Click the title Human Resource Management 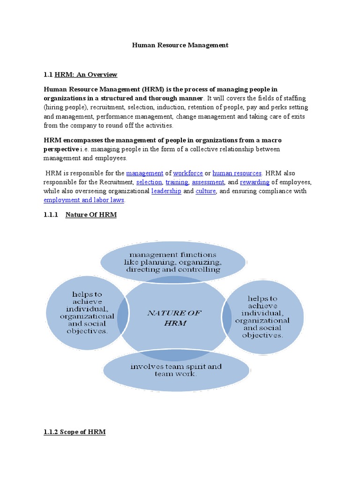coord(180,45)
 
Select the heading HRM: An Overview coord(86,75)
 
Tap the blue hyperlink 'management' coord(144,173)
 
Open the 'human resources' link coord(237,173)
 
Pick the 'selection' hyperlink coord(149,182)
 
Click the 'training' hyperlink coord(177,182)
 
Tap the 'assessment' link coord(208,182)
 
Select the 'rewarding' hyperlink coord(255,182)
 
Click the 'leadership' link coord(166,191)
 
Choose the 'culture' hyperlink coord(205,191)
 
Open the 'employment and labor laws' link coord(84,200)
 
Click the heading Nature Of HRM coord(91,215)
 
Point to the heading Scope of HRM coord(75,432)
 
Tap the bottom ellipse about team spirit coord(176,370)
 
